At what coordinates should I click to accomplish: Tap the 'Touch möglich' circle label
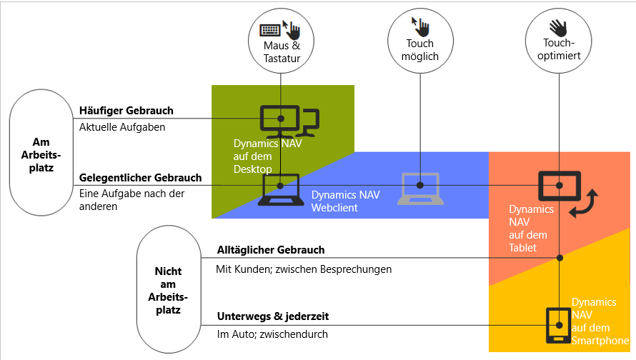tap(421, 50)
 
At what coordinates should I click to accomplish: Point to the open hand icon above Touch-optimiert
tap(559, 26)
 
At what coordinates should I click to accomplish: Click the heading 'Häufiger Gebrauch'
tap(126, 111)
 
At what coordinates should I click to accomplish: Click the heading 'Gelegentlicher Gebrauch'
tap(140, 177)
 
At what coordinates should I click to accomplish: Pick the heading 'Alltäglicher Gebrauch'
tap(271, 250)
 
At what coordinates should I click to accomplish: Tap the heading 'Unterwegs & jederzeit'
tap(273, 316)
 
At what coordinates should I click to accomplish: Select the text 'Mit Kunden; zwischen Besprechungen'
tap(304, 269)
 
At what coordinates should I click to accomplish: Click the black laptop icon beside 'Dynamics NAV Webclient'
tap(280, 190)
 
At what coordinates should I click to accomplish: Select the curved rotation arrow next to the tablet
tap(585, 204)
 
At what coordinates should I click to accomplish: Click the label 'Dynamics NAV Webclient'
tap(341, 201)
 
